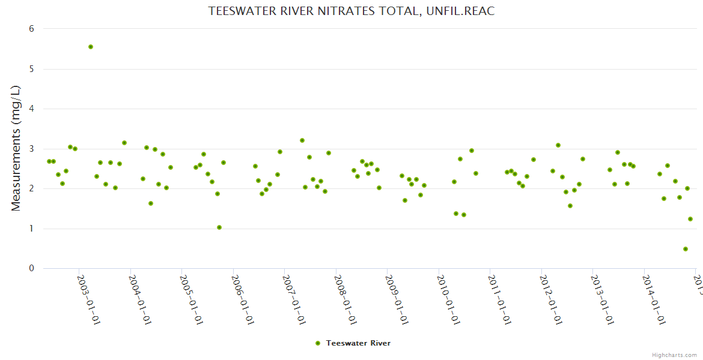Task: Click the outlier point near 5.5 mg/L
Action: pyautogui.click(x=91, y=47)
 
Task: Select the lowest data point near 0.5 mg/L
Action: pyautogui.click(x=686, y=249)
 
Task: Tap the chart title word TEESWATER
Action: pyautogui.click(x=238, y=11)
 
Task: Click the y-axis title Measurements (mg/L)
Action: pyautogui.click(x=16, y=148)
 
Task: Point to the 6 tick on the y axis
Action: pyautogui.click(x=31, y=29)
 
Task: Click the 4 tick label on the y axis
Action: pyautogui.click(x=31, y=109)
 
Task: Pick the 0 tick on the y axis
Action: pyautogui.click(x=31, y=268)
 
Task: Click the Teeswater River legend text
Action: pyautogui.click(x=359, y=343)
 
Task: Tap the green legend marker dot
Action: pyautogui.click(x=318, y=343)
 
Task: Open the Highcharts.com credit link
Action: pyautogui.click(x=675, y=355)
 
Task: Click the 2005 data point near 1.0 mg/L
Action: pyautogui.click(x=219, y=227)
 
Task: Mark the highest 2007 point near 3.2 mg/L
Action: pyautogui.click(x=302, y=140)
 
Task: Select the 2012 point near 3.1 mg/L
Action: pyautogui.click(x=558, y=145)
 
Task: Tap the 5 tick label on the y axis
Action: pyautogui.click(x=31, y=69)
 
